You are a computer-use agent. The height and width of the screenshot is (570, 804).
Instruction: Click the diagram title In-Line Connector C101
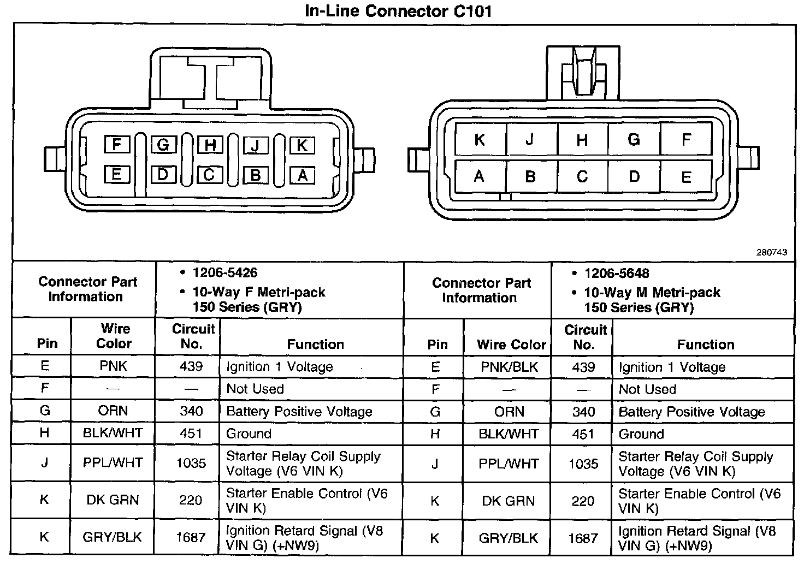(x=398, y=11)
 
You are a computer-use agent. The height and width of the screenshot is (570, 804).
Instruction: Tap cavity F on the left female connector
(x=116, y=144)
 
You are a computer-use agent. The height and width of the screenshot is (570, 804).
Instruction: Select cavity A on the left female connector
(x=302, y=175)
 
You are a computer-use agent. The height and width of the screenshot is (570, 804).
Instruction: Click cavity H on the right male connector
(x=582, y=140)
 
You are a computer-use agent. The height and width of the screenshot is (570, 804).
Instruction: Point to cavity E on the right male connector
(x=686, y=177)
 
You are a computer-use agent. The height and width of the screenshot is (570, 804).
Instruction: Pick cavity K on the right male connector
(x=480, y=140)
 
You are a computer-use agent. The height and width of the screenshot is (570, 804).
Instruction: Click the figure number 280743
(x=771, y=252)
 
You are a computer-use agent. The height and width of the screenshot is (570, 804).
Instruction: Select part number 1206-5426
(x=224, y=273)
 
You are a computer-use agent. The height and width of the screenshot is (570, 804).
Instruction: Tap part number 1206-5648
(x=617, y=274)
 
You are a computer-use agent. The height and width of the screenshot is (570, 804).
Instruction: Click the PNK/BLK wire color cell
(x=509, y=367)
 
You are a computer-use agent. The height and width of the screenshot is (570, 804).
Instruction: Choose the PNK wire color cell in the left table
(x=113, y=366)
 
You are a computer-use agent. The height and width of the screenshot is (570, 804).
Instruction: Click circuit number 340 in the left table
(x=191, y=411)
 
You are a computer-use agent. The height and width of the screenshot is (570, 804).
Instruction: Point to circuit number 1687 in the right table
(x=583, y=538)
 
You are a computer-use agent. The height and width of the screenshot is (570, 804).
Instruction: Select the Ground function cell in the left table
(x=249, y=434)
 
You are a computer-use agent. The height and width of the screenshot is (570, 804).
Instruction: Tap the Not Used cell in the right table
(x=647, y=389)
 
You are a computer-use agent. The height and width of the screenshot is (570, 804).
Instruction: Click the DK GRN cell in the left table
(x=113, y=500)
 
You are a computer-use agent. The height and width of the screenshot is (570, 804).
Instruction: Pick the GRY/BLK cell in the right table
(x=509, y=538)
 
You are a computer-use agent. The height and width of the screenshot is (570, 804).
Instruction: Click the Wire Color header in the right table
(x=511, y=344)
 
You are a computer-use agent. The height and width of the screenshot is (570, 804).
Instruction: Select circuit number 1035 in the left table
(x=191, y=464)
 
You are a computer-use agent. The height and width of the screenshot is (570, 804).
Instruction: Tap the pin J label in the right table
(x=435, y=464)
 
